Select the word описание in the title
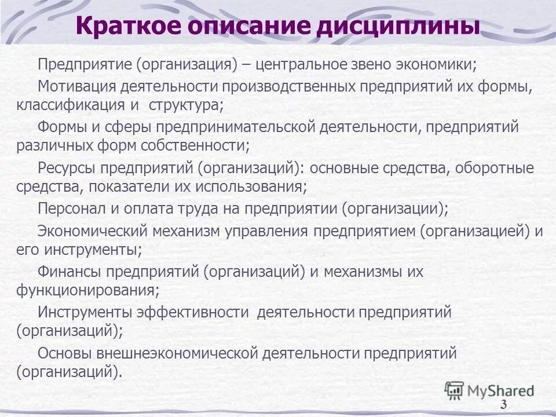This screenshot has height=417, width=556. point(256,27)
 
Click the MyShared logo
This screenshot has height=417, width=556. point(489,390)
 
